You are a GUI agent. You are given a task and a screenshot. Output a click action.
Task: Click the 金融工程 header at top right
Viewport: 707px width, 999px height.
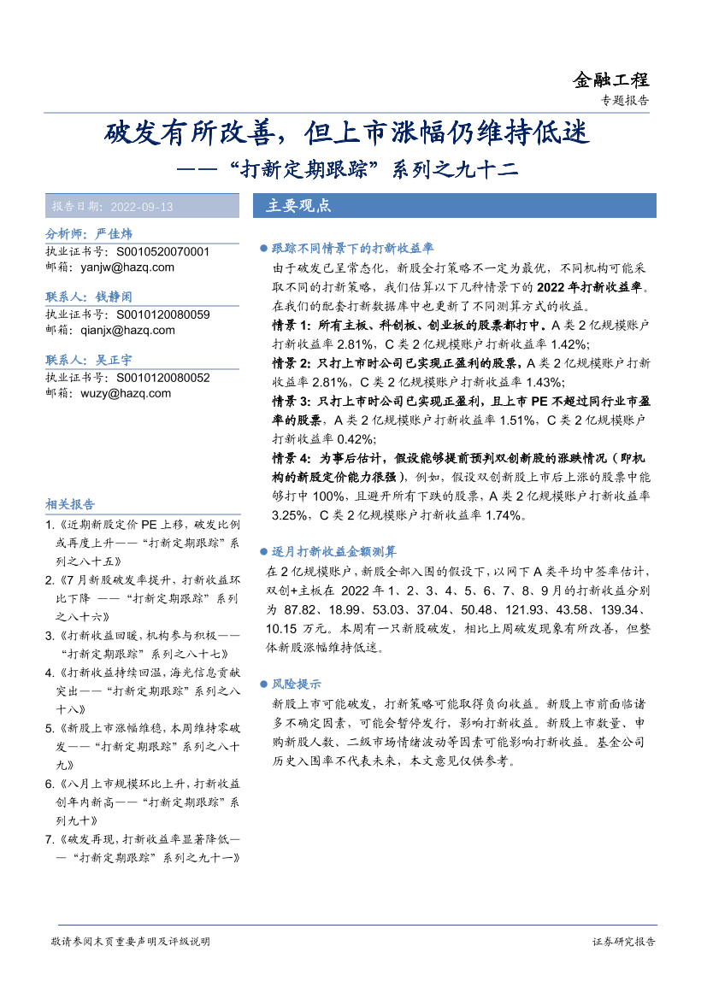point(610,80)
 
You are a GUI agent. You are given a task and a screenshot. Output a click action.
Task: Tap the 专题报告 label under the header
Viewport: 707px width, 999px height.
point(626,101)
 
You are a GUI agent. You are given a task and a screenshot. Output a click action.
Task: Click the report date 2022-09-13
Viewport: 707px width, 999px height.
point(142,207)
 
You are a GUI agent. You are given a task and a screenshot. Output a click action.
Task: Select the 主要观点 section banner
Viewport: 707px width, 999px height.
point(298,206)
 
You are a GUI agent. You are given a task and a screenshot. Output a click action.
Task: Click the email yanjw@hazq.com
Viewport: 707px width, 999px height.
point(127,267)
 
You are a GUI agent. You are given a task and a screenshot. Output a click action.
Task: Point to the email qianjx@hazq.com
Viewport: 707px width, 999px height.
point(127,331)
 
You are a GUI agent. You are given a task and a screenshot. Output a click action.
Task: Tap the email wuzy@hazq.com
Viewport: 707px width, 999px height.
point(126,394)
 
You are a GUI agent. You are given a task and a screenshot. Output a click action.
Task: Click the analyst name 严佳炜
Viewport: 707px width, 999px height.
point(115,234)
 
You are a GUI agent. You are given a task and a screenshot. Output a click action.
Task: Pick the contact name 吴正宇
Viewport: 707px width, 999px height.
point(114,361)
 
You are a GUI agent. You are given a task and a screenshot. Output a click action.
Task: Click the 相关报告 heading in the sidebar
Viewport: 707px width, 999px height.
point(70,504)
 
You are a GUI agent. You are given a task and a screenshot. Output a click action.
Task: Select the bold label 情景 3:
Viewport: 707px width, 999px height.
point(295,401)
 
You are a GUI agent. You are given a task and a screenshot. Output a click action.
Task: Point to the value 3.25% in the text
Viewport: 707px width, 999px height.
point(289,514)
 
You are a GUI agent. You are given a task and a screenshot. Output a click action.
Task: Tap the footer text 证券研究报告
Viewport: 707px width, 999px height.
point(623,942)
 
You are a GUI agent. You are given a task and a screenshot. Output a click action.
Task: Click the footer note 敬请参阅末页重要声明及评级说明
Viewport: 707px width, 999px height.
point(130,942)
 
